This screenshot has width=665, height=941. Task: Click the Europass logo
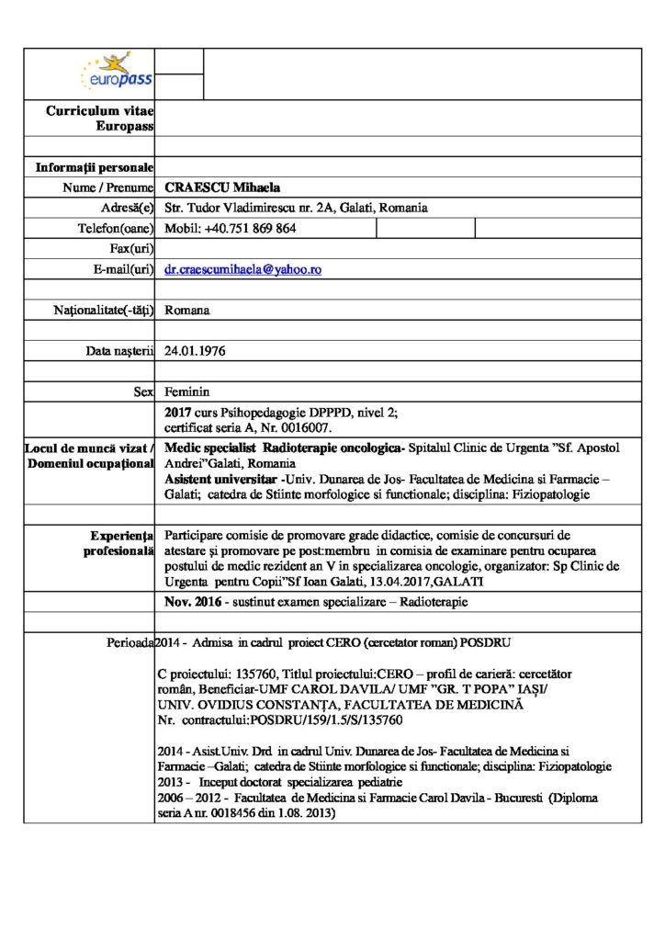tap(117, 73)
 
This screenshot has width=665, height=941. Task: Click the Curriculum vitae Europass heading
tap(100, 119)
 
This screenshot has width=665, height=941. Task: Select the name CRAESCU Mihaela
tap(216, 187)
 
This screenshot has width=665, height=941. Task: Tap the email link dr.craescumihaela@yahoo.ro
tap(242, 269)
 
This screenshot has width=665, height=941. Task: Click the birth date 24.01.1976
tap(195, 351)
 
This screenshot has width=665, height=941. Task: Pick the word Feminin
tap(187, 391)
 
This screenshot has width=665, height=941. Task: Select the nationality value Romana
tap(187, 310)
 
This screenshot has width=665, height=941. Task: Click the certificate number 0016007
tap(308, 427)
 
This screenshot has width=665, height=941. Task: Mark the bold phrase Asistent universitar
tap(220, 479)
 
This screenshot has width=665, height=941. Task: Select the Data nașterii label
tap(118, 351)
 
